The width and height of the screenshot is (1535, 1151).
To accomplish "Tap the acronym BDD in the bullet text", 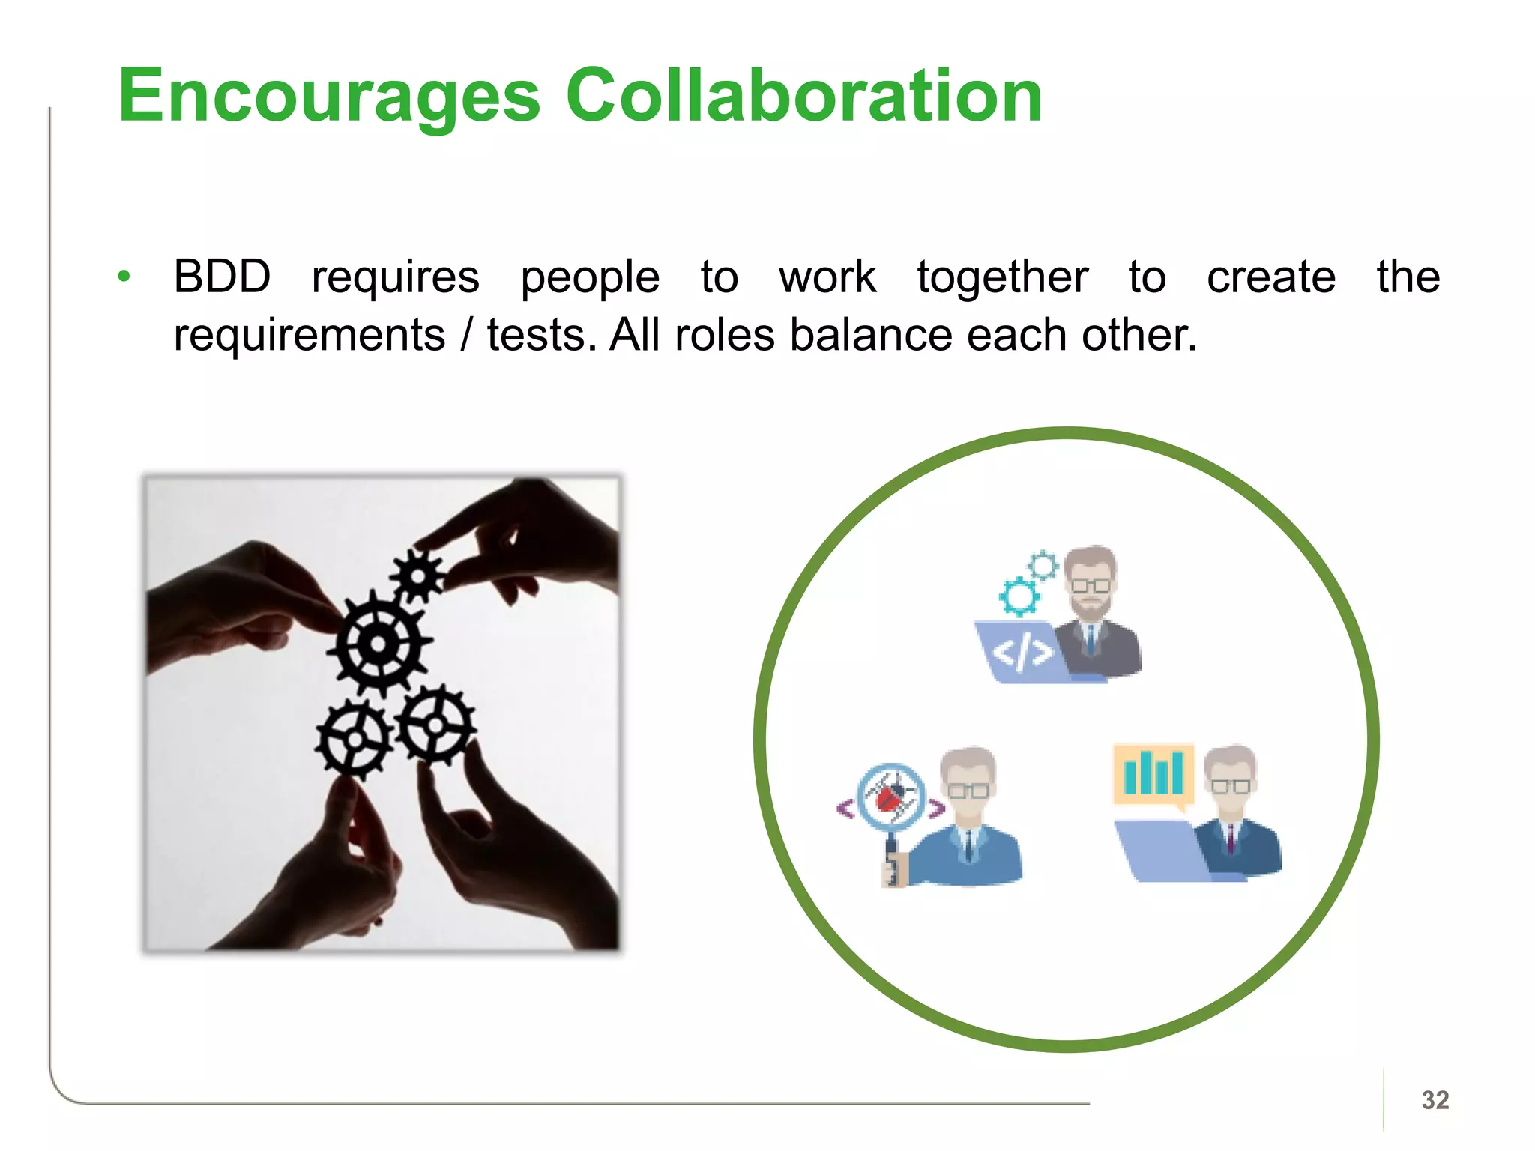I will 222,277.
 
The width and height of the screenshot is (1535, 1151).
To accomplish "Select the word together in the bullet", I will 1002,277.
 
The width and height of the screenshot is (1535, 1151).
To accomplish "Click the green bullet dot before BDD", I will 124,277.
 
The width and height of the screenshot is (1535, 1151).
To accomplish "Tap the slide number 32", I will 1435,1099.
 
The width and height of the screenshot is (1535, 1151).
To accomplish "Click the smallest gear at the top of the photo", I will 417,576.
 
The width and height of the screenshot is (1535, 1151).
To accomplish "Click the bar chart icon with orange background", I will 1153,773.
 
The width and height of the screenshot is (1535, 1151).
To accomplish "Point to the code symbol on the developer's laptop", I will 1022,653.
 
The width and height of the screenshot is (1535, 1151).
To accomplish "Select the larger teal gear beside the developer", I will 1019,596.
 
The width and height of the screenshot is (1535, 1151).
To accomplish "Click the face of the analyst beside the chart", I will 1230,783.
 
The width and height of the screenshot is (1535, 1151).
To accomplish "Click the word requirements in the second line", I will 309,334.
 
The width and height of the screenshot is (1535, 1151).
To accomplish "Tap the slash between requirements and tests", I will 467,334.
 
